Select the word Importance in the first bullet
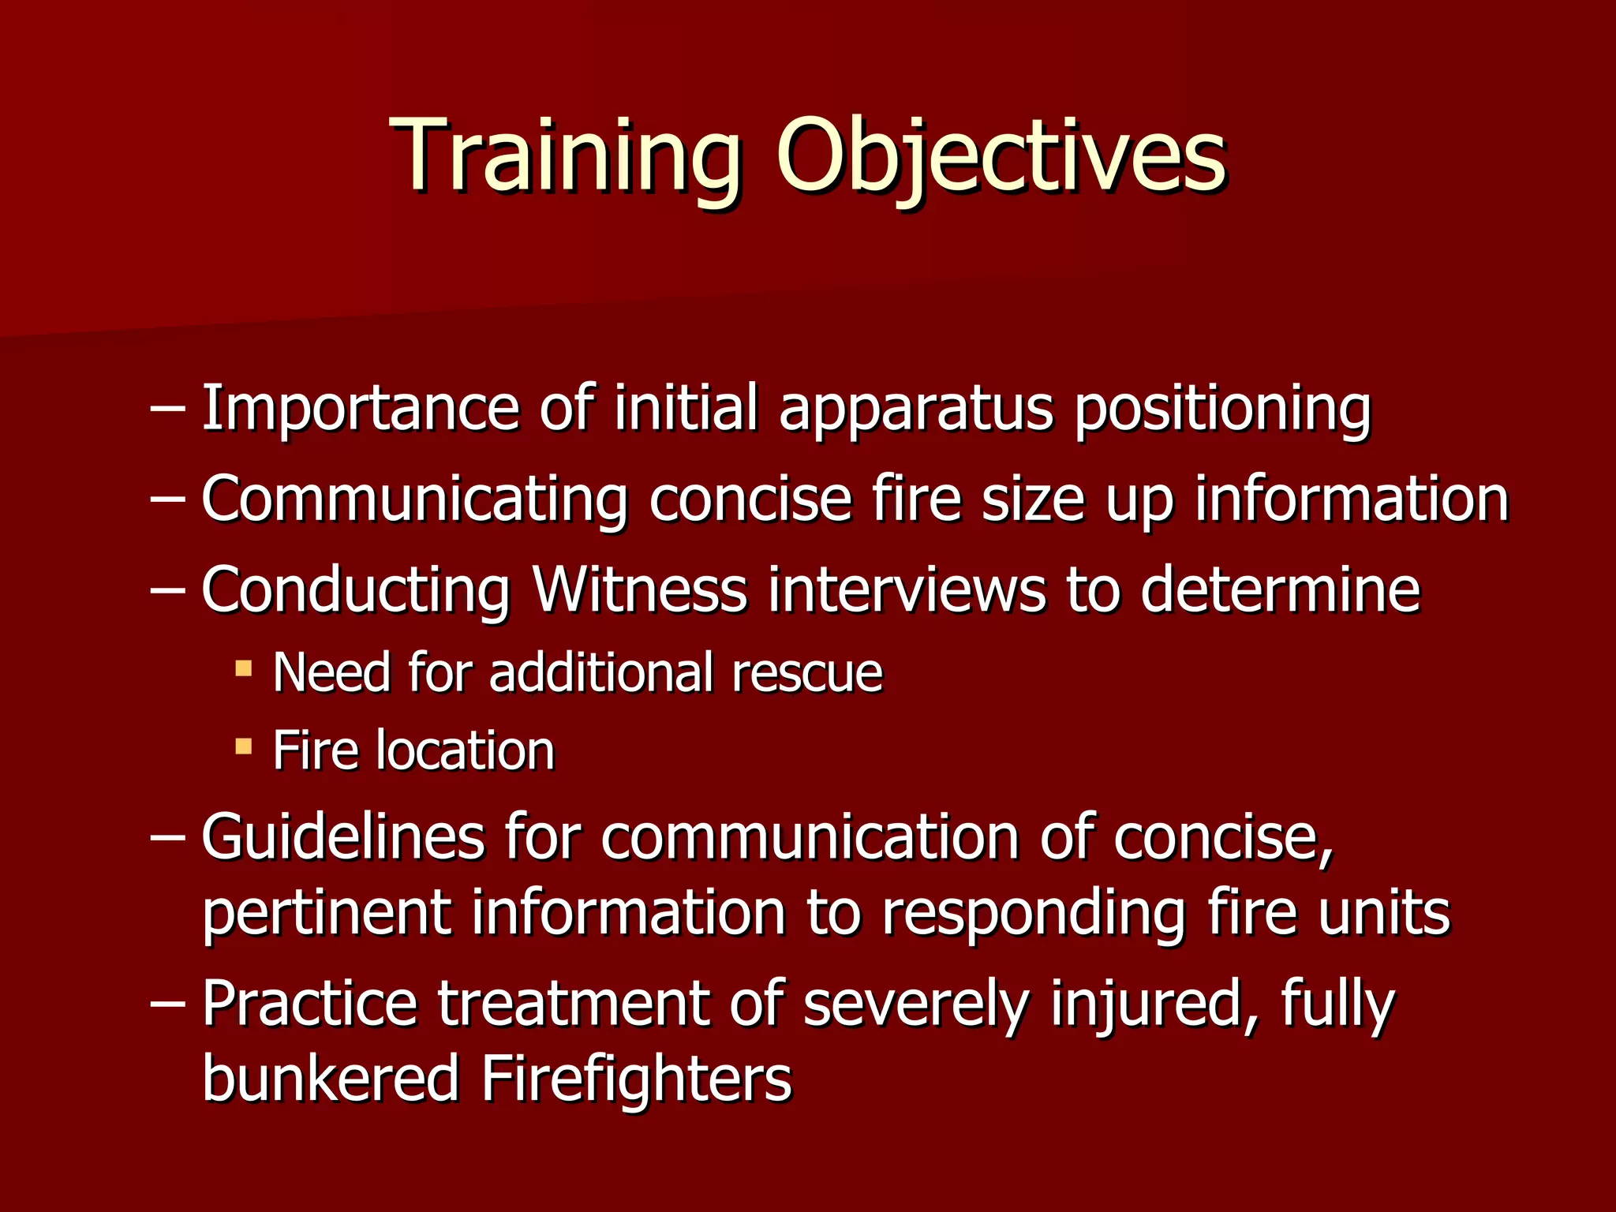point(360,409)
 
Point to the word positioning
point(1222,409)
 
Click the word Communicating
point(414,500)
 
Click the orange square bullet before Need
point(244,670)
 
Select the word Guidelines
point(342,836)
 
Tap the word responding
point(1033,913)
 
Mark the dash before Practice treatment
point(167,1004)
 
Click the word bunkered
point(331,1078)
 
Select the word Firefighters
point(636,1078)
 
